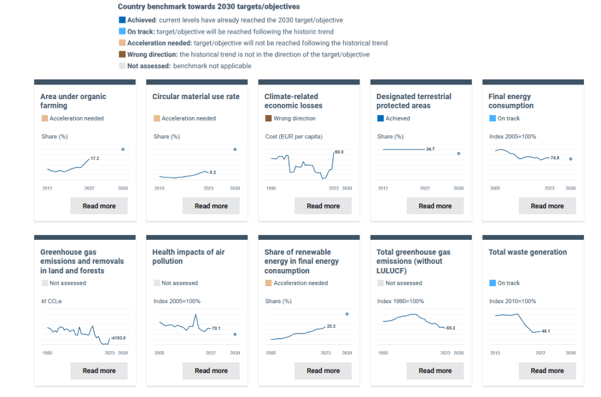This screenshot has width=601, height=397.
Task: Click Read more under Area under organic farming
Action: click(x=99, y=206)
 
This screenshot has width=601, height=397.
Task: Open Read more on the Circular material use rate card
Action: click(x=211, y=206)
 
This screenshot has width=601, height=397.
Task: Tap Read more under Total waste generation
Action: click(x=547, y=371)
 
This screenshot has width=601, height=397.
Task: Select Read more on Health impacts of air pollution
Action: click(x=211, y=371)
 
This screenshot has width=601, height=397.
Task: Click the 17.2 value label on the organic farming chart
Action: click(x=95, y=159)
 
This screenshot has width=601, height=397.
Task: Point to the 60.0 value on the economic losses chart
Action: click(x=338, y=152)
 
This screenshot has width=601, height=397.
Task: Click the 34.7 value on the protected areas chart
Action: click(x=430, y=150)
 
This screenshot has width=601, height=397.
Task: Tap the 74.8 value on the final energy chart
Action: click(x=555, y=158)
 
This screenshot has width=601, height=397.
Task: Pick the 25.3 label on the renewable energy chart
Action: click(x=331, y=326)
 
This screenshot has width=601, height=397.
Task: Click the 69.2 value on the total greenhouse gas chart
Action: click(x=451, y=328)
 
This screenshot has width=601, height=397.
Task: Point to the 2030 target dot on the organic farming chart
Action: click(x=123, y=150)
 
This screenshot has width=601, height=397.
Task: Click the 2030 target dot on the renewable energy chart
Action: click(x=347, y=314)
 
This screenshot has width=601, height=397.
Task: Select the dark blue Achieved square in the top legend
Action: click(x=122, y=20)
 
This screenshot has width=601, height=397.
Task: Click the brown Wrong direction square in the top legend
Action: click(x=122, y=54)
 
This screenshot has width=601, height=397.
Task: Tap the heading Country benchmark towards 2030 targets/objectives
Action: click(x=209, y=6)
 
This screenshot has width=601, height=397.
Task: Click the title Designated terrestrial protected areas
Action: click(x=414, y=101)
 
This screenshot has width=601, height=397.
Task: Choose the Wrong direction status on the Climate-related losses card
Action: click(x=294, y=118)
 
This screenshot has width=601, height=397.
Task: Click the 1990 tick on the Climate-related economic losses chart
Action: click(x=271, y=189)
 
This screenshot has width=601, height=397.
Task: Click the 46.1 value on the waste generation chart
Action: click(x=545, y=331)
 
